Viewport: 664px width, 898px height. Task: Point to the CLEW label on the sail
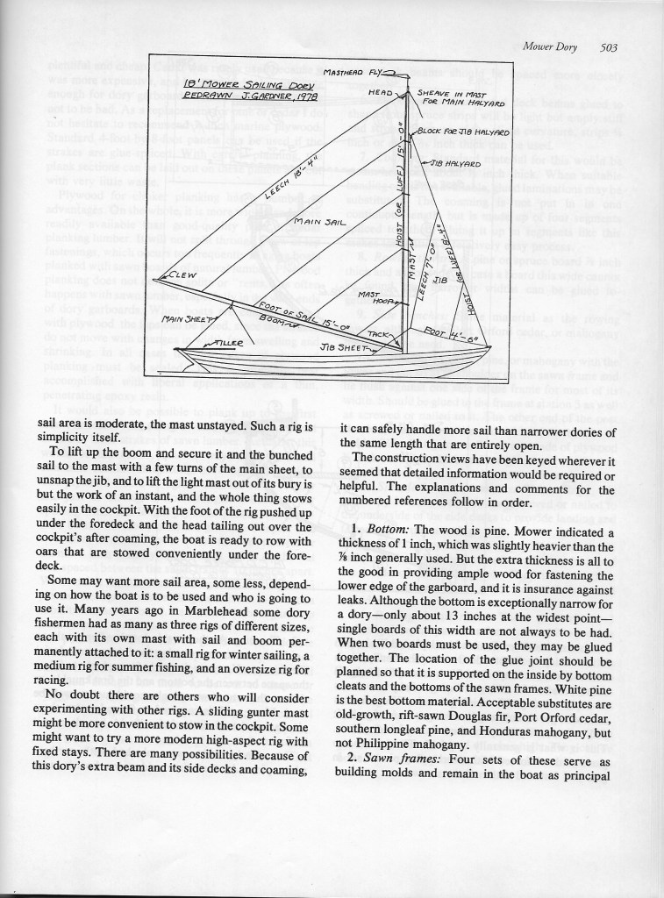click(182, 274)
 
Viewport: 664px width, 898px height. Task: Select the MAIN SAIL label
click(318, 223)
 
